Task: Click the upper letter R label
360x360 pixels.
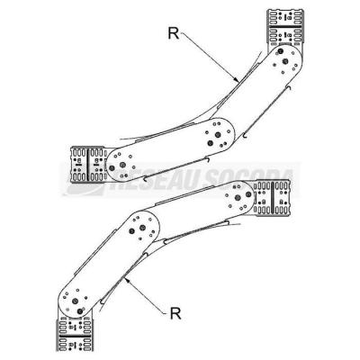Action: (x=174, y=33)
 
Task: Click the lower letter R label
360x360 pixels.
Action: (x=175, y=313)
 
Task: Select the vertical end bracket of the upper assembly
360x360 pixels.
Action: (x=285, y=28)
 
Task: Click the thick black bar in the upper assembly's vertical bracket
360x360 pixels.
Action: (x=285, y=27)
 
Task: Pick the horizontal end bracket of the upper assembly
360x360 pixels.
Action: (x=89, y=165)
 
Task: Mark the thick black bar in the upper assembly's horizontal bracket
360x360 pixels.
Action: (x=88, y=165)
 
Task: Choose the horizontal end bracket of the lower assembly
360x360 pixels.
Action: (x=273, y=198)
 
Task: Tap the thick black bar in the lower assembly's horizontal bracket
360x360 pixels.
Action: (x=273, y=198)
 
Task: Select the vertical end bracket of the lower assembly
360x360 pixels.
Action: (x=75, y=334)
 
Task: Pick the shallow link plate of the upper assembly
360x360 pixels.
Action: (x=171, y=149)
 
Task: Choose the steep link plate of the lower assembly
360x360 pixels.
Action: (x=108, y=264)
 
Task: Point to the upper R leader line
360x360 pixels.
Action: (x=209, y=56)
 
